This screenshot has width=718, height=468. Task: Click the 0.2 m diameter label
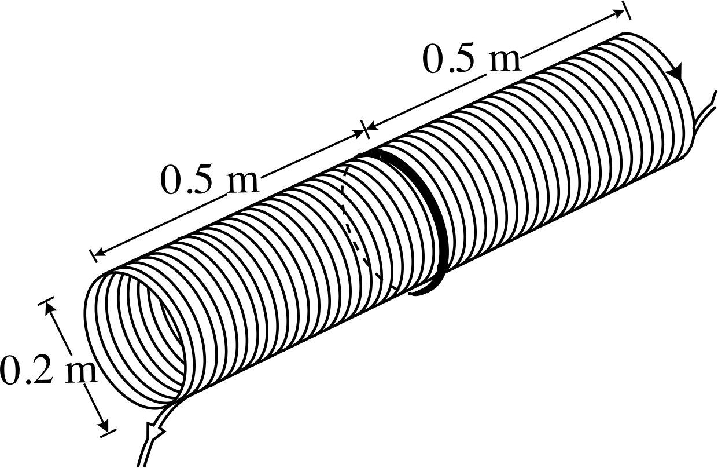[x=49, y=370]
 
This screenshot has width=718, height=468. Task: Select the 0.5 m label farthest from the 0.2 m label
[x=471, y=58]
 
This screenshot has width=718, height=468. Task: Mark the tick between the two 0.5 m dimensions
[x=365, y=130]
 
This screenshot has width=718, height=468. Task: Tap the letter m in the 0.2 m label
[x=81, y=373]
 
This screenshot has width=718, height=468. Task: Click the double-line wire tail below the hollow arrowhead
[x=144, y=452]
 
